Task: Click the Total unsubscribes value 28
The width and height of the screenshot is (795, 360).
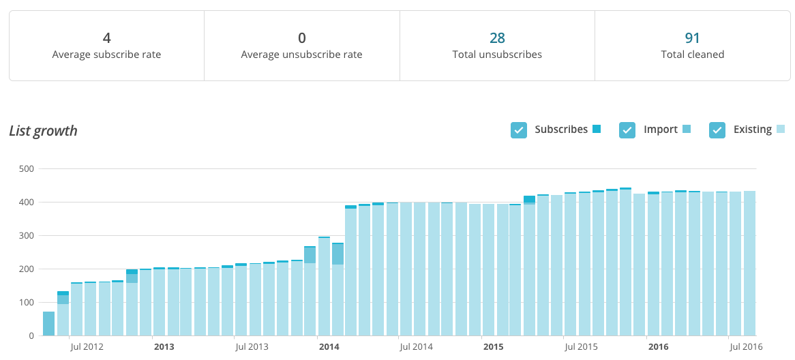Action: pyautogui.click(x=497, y=38)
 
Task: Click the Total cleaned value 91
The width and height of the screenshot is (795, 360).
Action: pyautogui.click(x=693, y=38)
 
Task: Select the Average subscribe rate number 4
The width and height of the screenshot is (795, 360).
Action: pyautogui.click(x=106, y=38)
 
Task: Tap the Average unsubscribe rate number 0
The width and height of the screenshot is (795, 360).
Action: pyautogui.click(x=302, y=38)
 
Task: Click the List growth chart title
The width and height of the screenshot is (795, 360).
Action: pyautogui.click(x=43, y=131)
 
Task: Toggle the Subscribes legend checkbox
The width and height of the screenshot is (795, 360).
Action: pyautogui.click(x=519, y=130)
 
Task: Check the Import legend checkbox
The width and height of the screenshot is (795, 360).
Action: pyautogui.click(x=627, y=130)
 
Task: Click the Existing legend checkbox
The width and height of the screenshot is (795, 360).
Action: pyautogui.click(x=717, y=130)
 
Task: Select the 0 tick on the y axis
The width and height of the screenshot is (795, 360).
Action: pyautogui.click(x=31, y=335)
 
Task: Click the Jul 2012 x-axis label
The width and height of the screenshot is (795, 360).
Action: pyautogui.click(x=87, y=347)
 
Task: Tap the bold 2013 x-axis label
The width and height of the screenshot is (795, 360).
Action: pyautogui.click(x=164, y=347)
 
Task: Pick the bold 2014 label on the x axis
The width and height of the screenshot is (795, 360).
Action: pyautogui.click(x=329, y=347)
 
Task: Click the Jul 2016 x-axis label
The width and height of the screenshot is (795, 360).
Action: pyautogui.click(x=746, y=347)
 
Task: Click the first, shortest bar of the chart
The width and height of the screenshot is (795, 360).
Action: pyautogui.click(x=49, y=324)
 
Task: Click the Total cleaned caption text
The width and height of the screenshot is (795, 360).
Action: pyautogui.click(x=693, y=55)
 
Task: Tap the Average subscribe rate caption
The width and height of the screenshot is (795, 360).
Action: pyautogui.click(x=106, y=55)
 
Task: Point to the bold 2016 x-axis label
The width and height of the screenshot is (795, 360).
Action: pyautogui.click(x=658, y=347)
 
